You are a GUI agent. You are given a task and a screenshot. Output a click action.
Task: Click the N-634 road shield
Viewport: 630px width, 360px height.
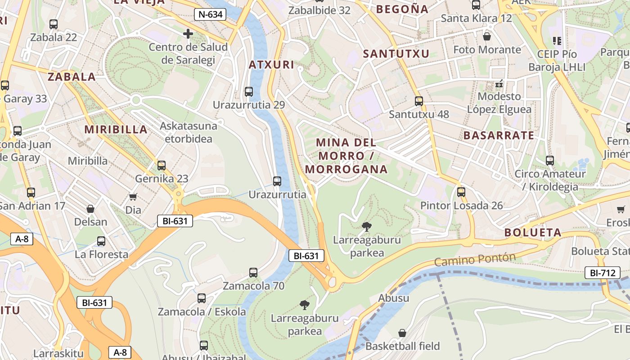pos(210,14)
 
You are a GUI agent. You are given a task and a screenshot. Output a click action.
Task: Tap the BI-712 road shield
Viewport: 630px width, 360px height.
pos(600,272)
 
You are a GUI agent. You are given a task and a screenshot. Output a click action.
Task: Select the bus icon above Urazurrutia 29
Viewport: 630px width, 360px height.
pos(248,92)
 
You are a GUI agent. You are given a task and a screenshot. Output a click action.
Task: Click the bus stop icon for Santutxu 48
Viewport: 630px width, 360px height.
pos(419,101)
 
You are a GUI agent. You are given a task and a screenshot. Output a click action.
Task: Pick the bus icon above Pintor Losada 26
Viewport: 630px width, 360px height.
pos(461,192)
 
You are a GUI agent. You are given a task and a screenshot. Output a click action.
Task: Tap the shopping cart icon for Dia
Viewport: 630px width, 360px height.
pos(133,197)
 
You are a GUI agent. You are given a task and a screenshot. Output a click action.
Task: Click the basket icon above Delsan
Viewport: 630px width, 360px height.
pos(90,209)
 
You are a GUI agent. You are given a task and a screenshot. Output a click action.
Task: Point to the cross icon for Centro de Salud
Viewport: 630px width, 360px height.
pos(188,34)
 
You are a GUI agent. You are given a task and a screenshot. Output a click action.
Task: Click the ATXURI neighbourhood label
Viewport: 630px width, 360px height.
pos(272,65)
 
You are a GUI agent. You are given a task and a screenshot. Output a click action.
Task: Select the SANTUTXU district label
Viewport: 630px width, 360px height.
pos(396,54)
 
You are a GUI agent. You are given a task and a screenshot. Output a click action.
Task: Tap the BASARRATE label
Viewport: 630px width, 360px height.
pos(499,135)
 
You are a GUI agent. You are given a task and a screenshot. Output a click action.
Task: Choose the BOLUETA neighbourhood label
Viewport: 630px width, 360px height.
pos(533,233)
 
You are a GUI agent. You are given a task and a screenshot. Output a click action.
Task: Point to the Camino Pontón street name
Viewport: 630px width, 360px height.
pos(475,260)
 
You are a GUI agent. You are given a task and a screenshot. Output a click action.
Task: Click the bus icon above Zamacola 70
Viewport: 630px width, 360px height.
pos(253,273)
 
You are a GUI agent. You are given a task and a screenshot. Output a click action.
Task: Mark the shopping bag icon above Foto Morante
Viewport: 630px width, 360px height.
pos(486,36)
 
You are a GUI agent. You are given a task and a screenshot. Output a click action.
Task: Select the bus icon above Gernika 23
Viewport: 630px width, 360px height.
pos(162,166)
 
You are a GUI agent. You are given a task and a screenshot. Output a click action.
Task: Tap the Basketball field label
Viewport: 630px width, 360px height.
pos(402,346)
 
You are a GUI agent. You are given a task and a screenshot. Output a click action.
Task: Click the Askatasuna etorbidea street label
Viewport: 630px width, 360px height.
pos(189,132)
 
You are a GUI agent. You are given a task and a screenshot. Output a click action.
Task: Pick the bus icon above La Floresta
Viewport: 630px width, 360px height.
pos(101,241)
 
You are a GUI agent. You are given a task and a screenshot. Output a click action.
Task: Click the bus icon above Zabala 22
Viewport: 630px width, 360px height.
pos(54,24)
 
